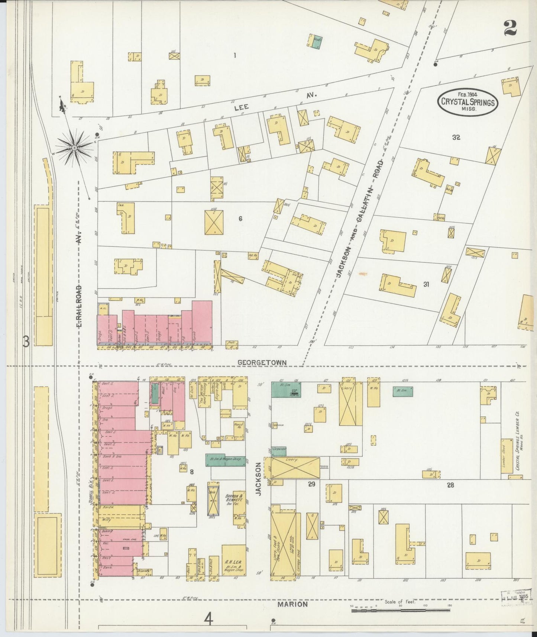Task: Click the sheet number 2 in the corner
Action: coord(511,28)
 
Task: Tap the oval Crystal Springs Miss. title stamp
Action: coord(468,100)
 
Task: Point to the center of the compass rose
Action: coord(75,148)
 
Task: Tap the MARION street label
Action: coord(293,604)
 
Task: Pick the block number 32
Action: coord(456,137)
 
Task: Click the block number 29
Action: coord(311,484)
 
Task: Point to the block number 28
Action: coord(450,485)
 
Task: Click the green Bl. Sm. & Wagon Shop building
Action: coord(226,460)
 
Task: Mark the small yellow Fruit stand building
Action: coord(232,345)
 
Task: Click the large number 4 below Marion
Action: coord(209,620)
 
